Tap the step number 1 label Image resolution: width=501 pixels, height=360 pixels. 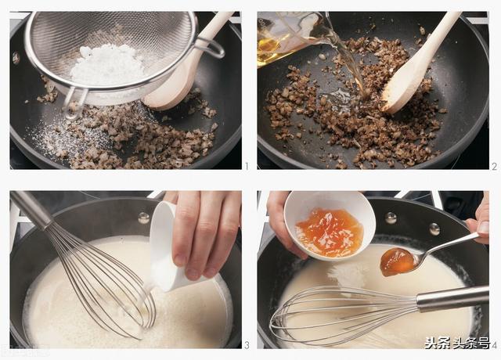pos(247,166)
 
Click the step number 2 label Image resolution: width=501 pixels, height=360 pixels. pos(494,167)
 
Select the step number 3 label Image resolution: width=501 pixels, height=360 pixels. pos(247,345)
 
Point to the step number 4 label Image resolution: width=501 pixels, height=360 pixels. pos(495,345)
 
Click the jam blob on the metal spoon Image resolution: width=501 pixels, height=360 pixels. pos(397,262)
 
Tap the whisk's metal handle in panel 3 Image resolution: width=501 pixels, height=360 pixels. pos(31,209)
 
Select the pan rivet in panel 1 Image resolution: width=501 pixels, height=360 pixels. pos(16,58)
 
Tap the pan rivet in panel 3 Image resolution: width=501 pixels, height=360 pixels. pos(144,218)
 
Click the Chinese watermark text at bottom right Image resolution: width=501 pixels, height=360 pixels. pos(457,343)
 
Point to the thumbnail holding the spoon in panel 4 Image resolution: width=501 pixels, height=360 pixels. pos(483,227)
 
